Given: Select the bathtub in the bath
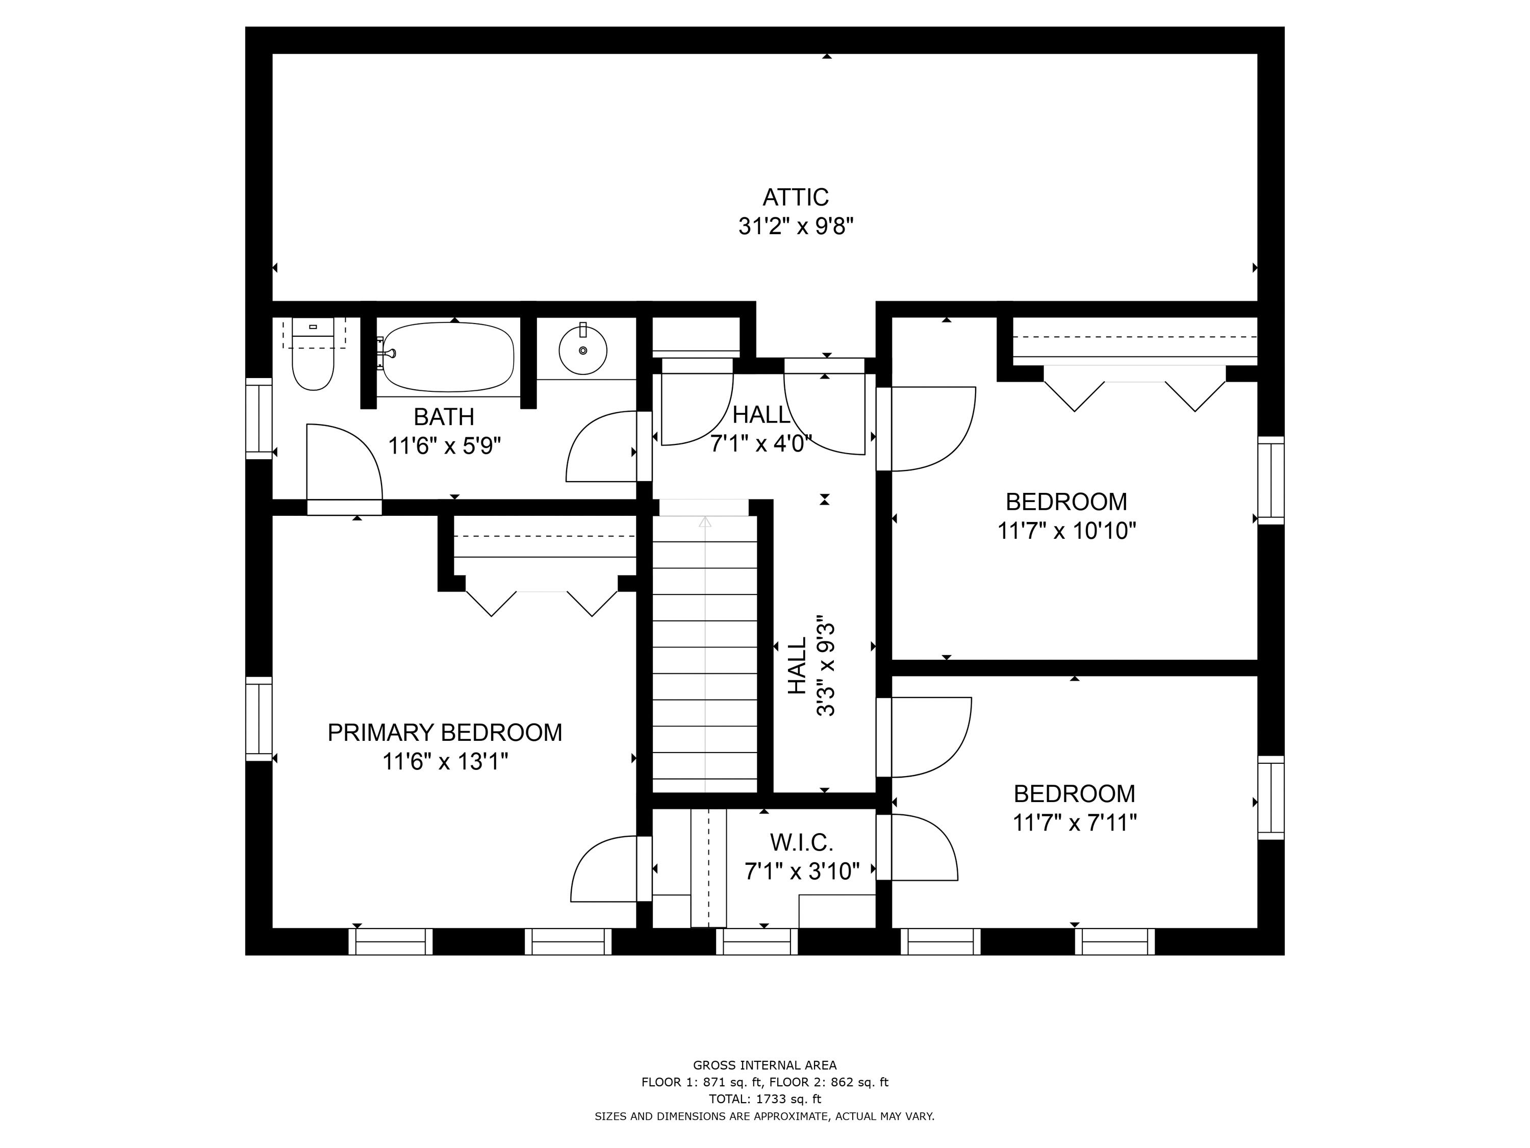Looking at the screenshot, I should tap(448, 357).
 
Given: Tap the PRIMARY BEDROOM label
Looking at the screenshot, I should tap(444, 732).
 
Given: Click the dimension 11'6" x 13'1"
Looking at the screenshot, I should tap(445, 762).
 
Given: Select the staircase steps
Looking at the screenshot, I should tap(704, 657).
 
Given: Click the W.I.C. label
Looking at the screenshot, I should tap(801, 842).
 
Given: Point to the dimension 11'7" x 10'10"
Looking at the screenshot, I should tap(1066, 531).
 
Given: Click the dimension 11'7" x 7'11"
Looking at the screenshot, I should tap(1074, 823).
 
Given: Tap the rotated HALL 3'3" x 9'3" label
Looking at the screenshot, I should tap(811, 666).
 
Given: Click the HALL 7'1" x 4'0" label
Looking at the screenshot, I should tap(761, 429).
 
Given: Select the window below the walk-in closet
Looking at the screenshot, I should tap(757, 942).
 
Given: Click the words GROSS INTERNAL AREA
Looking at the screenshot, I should tap(764, 1066).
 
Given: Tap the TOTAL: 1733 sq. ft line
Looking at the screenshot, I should tap(764, 1099).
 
